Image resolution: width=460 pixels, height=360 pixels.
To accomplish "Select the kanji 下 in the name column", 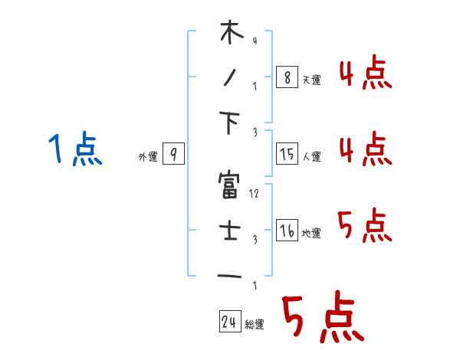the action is pyautogui.click(x=231, y=123).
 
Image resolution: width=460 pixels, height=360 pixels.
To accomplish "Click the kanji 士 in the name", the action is pyautogui.click(x=231, y=231).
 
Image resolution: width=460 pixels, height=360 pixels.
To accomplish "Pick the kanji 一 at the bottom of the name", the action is pyautogui.click(x=231, y=276).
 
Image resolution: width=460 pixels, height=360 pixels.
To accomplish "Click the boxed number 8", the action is pyautogui.click(x=287, y=77).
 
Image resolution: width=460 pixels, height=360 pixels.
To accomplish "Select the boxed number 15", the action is pyautogui.click(x=287, y=154).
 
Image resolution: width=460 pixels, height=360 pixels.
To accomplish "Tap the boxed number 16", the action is pyautogui.click(x=287, y=231).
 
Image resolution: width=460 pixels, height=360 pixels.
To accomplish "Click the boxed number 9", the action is pyautogui.click(x=173, y=155).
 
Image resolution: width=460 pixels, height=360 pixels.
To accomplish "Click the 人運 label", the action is pyautogui.click(x=311, y=156).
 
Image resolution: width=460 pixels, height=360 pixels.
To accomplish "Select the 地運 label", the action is pyautogui.click(x=311, y=233).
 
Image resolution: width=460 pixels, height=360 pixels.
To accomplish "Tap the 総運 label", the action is pyautogui.click(x=254, y=325).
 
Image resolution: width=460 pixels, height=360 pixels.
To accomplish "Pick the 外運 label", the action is pyautogui.click(x=147, y=157).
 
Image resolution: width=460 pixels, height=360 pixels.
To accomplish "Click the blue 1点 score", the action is pyautogui.click(x=75, y=149).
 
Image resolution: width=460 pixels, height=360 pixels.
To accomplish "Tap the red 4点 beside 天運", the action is pyautogui.click(x=365, y=76).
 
